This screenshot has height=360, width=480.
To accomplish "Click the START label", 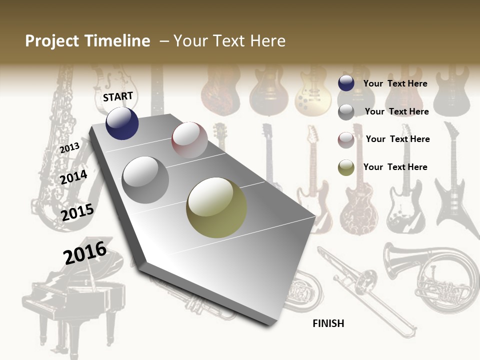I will pos(118,96).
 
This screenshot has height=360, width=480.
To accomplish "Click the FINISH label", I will pos(328,323).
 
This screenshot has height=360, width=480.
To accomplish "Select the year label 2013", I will pos(69,148).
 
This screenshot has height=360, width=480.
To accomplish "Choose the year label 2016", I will pos(85,253).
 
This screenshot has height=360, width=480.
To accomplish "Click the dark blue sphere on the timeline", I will pos(122,123).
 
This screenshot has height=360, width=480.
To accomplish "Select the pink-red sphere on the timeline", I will pos(189,140).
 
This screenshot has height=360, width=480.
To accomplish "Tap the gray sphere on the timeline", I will pos(145,180).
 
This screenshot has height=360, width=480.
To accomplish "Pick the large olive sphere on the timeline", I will pos(216,207).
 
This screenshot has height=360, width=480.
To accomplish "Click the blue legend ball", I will pos(346,83).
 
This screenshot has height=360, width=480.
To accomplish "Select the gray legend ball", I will pos(346,112).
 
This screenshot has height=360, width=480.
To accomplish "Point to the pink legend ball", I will pos(346,140).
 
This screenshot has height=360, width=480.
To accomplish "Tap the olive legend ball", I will pos(346,168).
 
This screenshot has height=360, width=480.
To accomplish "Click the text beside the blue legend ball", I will pos(395,83).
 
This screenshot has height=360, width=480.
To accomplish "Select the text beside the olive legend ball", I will pos(395,167).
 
